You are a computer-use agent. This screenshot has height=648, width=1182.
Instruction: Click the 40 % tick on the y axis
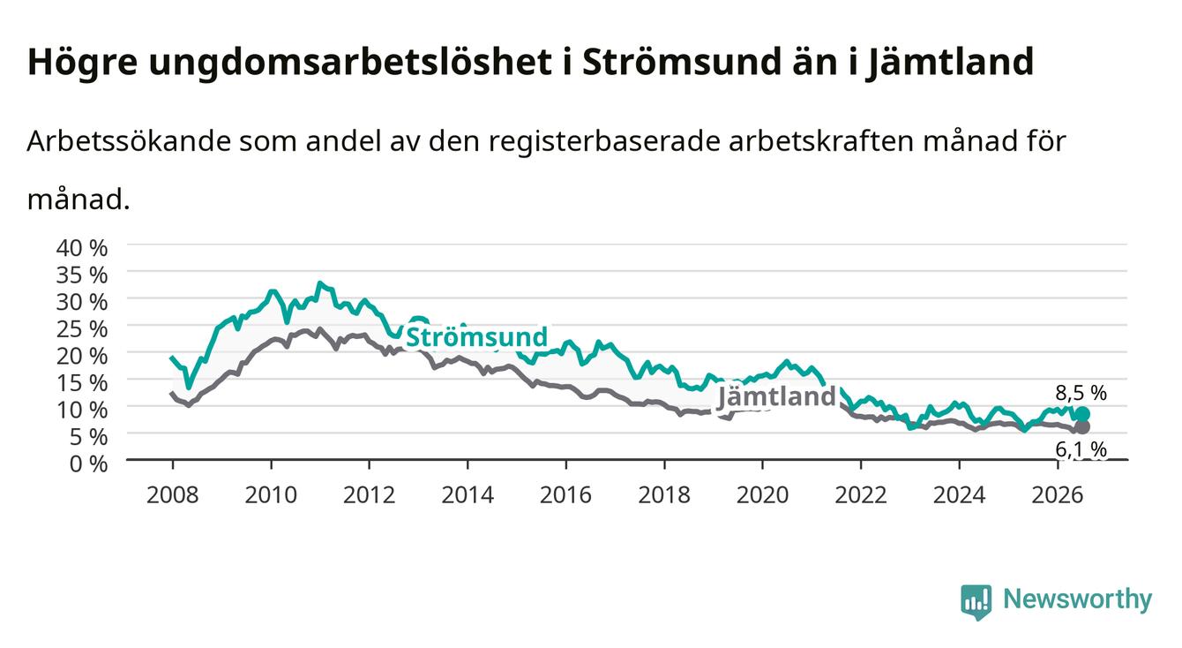[x=82, y=248]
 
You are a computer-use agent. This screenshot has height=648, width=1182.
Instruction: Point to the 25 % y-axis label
[x=82, y=329]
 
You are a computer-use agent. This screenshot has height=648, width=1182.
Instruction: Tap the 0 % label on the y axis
[x=88, y=463]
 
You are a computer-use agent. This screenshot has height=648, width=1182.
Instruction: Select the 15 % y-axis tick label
[x=82, y=383]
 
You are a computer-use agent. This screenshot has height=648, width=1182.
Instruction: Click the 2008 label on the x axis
[x=173, y=495]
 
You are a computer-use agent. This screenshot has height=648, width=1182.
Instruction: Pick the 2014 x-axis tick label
[x=468, y=495]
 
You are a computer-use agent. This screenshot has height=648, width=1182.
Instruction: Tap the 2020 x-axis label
[x=762, y=495]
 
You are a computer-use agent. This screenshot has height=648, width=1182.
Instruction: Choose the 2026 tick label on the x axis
[x=1058, y=495]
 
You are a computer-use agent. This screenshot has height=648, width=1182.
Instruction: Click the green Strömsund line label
[x=477, y=336]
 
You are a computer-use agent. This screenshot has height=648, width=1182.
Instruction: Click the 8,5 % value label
[x=1081, y=393]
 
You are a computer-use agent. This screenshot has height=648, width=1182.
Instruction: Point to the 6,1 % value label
[x=1081, y=449]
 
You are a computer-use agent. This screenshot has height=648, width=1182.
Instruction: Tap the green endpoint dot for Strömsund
[x=1082, y=413]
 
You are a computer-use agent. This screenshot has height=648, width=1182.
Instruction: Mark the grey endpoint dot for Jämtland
[x=1082, y=426]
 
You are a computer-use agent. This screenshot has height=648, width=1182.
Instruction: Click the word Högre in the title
[x=82, y=63]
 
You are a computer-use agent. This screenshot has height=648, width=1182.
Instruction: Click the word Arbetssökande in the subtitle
[x=129, y=141]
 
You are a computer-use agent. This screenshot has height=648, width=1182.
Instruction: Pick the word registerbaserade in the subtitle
[x=604, y=141]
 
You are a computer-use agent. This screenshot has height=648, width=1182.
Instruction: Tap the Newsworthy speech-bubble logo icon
[x=976, y=601]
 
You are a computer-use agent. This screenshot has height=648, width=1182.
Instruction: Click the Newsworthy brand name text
[x=1078, y=599]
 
